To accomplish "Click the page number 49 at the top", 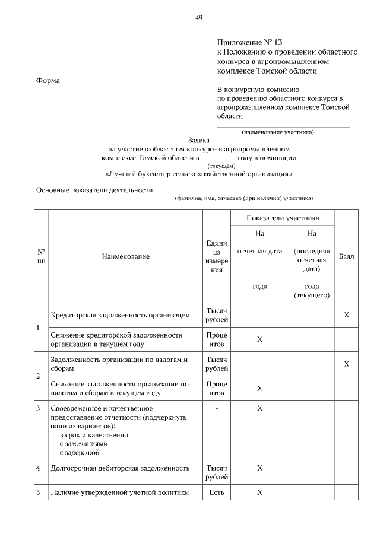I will pyautogui.click(x=199, y=18).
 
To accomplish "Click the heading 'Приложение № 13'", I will pyautogui.click(x=250, y=43).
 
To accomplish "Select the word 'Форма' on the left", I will pyautogui.click(x=48, y=81).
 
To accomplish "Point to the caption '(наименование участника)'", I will pyautogui.click(x=277, y=132).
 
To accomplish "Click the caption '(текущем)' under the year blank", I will pyautogui.click(x=221, y=166).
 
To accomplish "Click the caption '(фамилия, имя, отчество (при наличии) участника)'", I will pyautogui.click(x=243, y=198).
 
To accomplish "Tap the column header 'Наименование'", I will pyautogui.click(x=125, y=256).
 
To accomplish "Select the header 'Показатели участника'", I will pyautogui.click(x=283, y=218).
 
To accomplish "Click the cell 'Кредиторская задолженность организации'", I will pyautogui.click(x=121, y=315).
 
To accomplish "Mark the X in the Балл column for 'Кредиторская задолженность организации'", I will pyautogui.click(x=346, y=315).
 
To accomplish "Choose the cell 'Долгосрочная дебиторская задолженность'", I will pyautogui.click(x=120, y=468).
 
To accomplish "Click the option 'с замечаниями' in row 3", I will pyautogui.click(x=84, y=443).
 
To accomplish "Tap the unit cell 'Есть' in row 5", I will pyautogui.click(x=216, y=492).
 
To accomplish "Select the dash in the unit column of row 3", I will pyautogui.click(x=216, y=409).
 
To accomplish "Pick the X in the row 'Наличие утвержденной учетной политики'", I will pyautogui.click(x=259, y=492).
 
